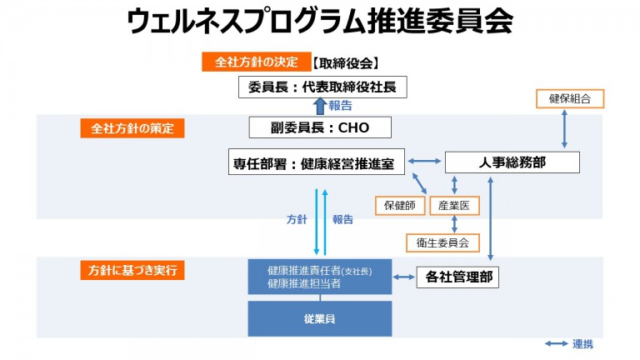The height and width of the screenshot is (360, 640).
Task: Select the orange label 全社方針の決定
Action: point(255,62)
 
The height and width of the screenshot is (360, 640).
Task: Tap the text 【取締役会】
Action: point(347,62)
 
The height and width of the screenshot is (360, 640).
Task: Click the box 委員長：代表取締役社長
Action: point(322,86)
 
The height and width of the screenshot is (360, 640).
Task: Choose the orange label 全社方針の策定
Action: point(132,128)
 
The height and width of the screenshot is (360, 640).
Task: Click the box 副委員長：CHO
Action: point(320,127)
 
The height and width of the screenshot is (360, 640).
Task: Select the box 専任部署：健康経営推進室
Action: point(317,162)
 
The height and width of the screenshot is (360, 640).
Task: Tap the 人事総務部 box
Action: point(512,162)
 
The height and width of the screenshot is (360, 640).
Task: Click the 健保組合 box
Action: point(569,98)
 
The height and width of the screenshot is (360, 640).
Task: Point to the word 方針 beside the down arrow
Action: point(297,220)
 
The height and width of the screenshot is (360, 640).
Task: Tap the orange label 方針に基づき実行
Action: point(132,270)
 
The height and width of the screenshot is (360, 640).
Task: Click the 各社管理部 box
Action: point(457,277)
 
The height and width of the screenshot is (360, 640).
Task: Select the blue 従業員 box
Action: point(320,319)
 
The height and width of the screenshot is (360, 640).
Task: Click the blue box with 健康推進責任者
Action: point(320,276)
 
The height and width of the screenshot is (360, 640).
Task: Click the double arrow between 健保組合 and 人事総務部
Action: point(566,129)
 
